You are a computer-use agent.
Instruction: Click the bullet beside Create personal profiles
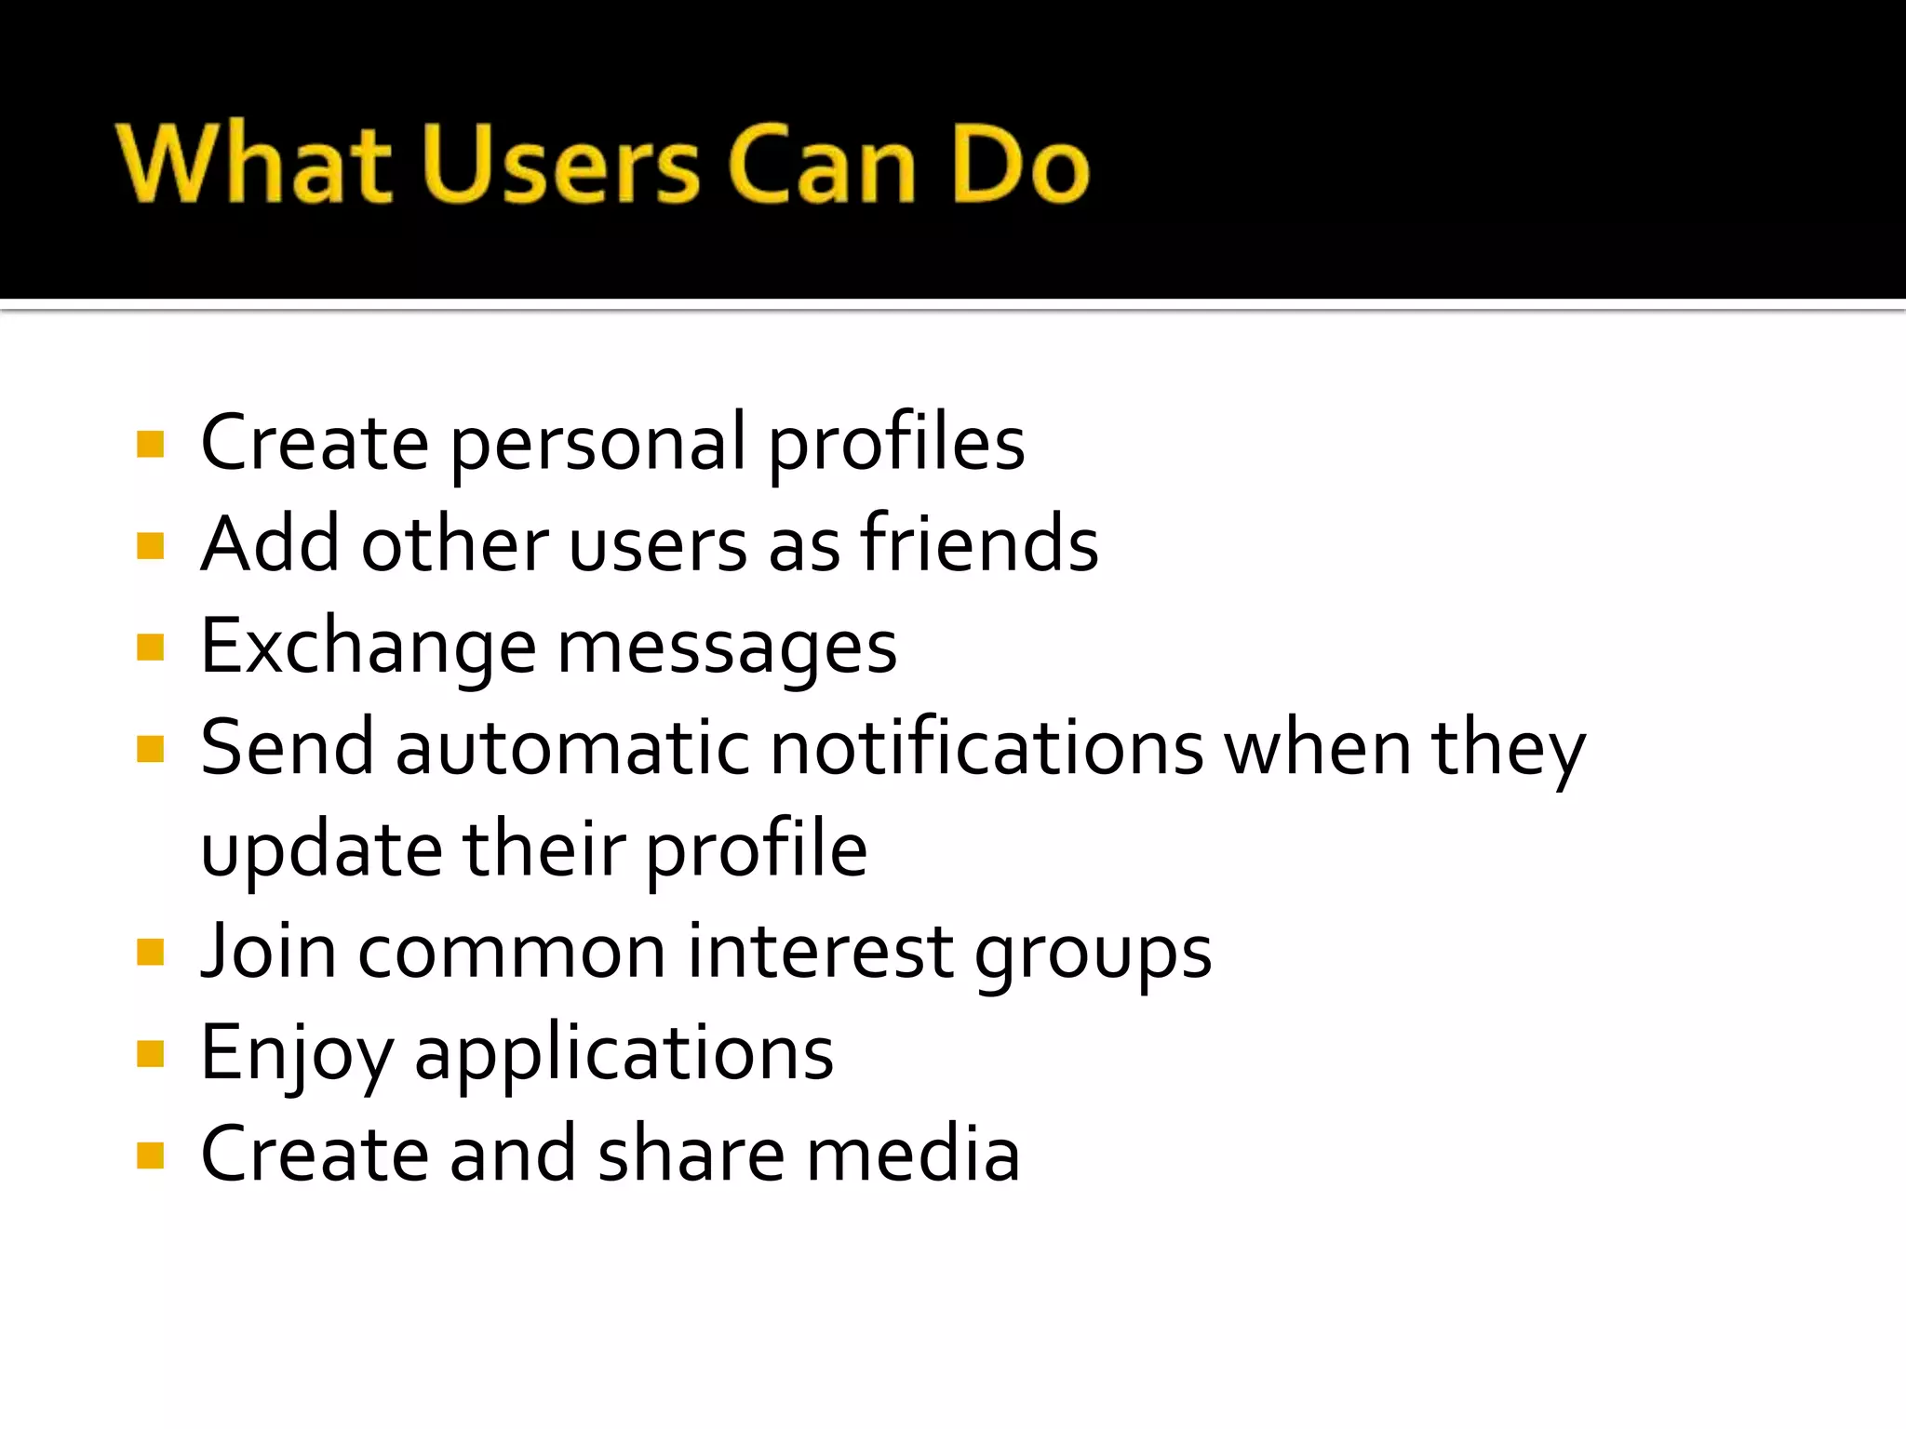150,444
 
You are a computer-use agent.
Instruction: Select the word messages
727,649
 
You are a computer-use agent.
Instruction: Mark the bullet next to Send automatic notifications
150,749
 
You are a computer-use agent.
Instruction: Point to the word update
322,851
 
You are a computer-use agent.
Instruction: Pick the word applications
624,1056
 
